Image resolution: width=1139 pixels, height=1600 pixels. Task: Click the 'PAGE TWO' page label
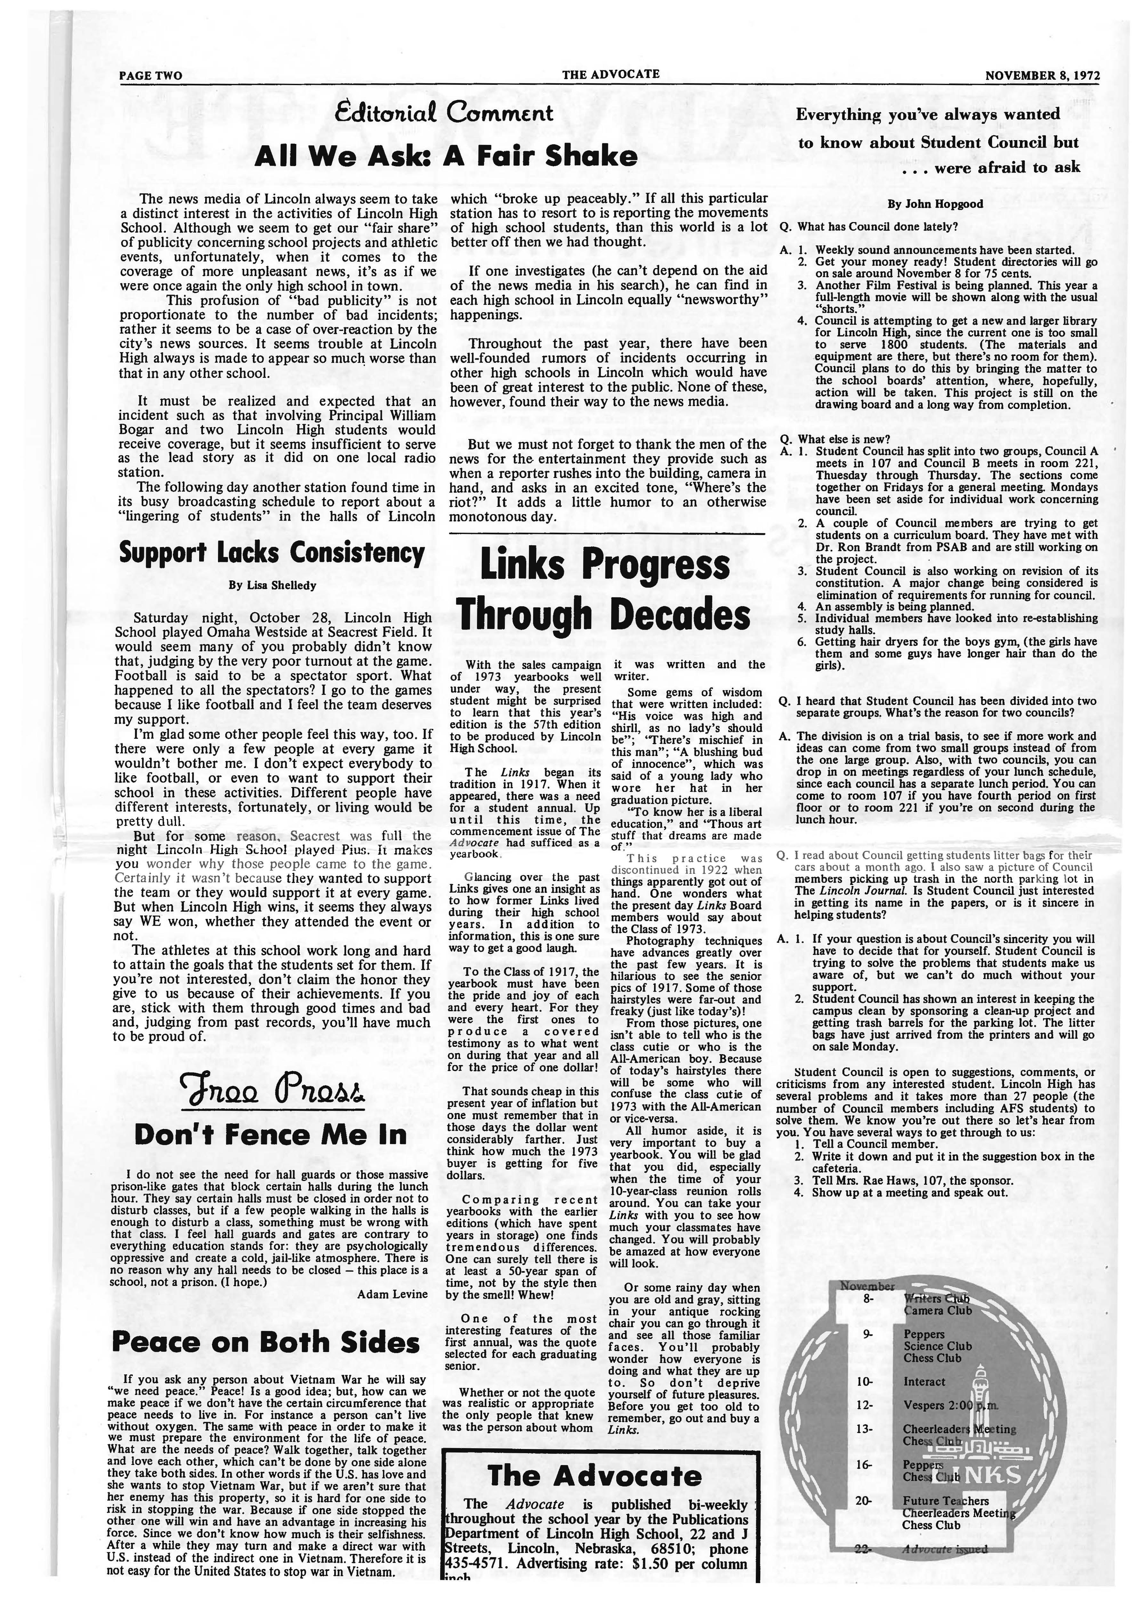(x=150, y=76)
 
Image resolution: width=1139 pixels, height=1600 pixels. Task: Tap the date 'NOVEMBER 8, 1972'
(x=1042, y=76)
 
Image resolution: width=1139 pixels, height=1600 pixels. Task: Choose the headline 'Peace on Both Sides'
(x=267, y=1343)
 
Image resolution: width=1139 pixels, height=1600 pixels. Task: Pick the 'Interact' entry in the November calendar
(x=924, y=1362)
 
